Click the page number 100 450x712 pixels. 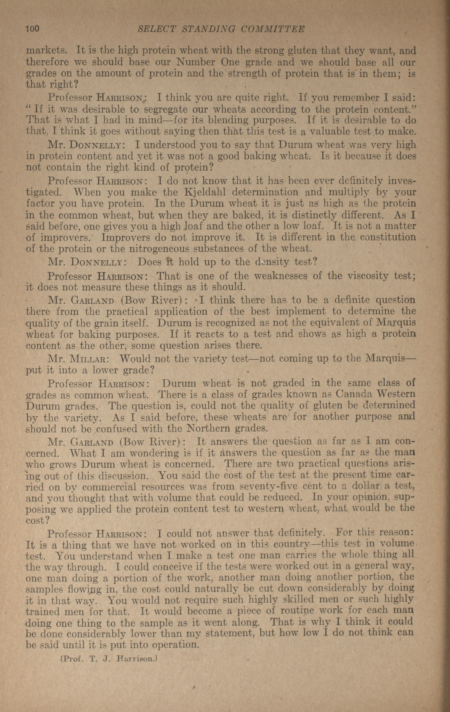[x=32, y=29]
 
